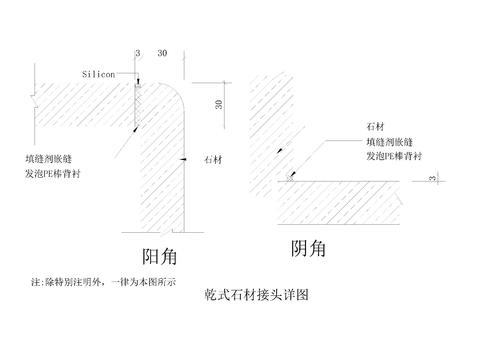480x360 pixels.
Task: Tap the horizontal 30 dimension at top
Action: [x=162, y=52]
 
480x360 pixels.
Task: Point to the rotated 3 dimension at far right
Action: [x=432, y=179]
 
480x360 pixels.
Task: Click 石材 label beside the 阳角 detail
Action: [x=212, y=160]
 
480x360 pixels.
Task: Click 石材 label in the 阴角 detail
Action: [x=377, y=127]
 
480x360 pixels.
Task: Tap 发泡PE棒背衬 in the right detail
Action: [x=399, y=157]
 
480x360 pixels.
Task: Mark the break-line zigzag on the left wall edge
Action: [x=34, y=98]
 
